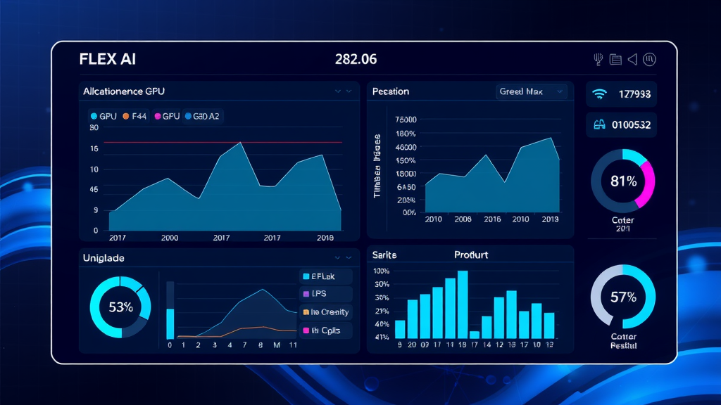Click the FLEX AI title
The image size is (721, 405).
coord(108,59)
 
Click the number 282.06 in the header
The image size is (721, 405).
coord(356,59)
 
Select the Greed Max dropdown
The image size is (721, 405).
coord(532,91)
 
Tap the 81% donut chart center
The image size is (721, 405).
coord(623,181)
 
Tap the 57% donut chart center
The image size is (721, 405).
coord(623,296)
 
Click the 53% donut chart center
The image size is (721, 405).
coord(120,307)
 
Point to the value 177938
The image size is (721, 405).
coord(634,94)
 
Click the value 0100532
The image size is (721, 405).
coord(632,125)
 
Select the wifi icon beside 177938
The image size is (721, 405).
coord(600,93)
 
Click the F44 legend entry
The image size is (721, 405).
coord(135,116)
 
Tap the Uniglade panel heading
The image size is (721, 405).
coord(104,258)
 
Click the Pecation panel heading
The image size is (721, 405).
coord(391,91)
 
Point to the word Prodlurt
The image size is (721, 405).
coord(471,255)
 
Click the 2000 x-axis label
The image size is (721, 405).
coord(170,238)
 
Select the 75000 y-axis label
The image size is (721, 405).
coord(406,120)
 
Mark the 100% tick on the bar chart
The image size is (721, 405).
coord(382,271)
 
